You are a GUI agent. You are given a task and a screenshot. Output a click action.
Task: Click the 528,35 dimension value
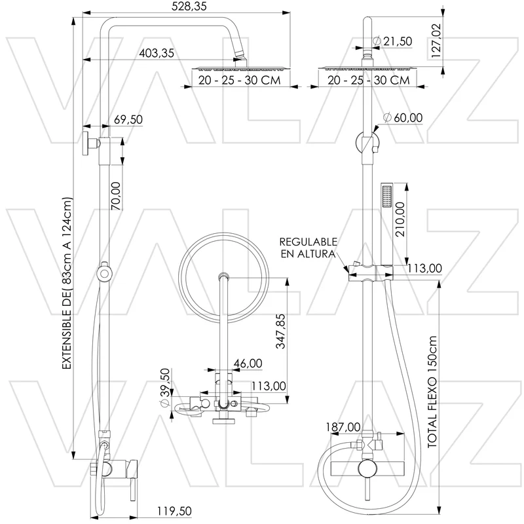click(189, 7)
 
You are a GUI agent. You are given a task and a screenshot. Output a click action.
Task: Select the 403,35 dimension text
click(157, 53)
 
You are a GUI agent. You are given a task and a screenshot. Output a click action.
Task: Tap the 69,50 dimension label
click(128, 119)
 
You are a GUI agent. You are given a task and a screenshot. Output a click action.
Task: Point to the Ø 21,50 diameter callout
click(392, 41)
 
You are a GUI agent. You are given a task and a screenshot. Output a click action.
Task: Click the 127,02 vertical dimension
click(436, 41)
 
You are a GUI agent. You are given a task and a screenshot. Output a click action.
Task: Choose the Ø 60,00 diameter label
click(403, 118)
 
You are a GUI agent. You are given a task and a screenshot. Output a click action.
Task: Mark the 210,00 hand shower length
click(400, 219)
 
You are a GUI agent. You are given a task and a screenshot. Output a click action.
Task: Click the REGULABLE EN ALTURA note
click(308, 248)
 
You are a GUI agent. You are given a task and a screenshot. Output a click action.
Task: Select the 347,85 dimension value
click(281, 331)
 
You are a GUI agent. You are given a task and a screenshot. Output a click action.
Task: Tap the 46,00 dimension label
click(248, 364)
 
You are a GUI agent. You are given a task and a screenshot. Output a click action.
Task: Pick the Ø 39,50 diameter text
click(166, 388)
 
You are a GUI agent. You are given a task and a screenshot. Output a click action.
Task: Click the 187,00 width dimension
click(343, 427)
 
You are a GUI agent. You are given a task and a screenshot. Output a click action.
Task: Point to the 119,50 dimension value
click(174, 511)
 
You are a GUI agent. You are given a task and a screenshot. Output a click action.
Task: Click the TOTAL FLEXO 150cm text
click(432, 392)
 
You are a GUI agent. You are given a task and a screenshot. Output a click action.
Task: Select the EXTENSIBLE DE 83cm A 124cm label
click(67, 284)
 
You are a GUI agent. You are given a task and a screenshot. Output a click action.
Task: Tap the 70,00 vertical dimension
click(116, 196)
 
